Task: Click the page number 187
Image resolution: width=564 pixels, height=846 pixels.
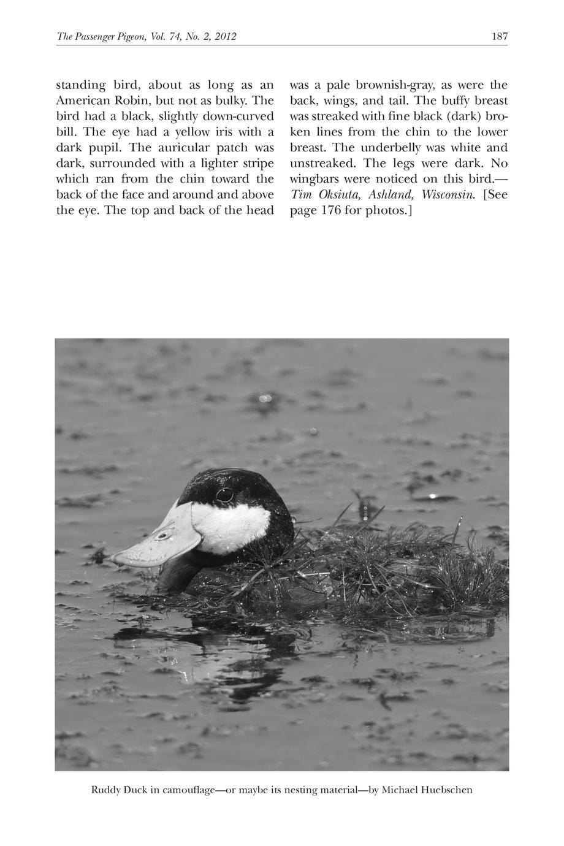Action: point(500,37)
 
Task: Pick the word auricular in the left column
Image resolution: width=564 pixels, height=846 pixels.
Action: point(177,148)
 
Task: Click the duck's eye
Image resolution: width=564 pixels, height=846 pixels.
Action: point(224,493)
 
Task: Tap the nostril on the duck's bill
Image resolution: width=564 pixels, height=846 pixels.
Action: point(162,535)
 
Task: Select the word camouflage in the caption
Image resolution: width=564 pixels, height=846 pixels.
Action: point(188,790)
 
